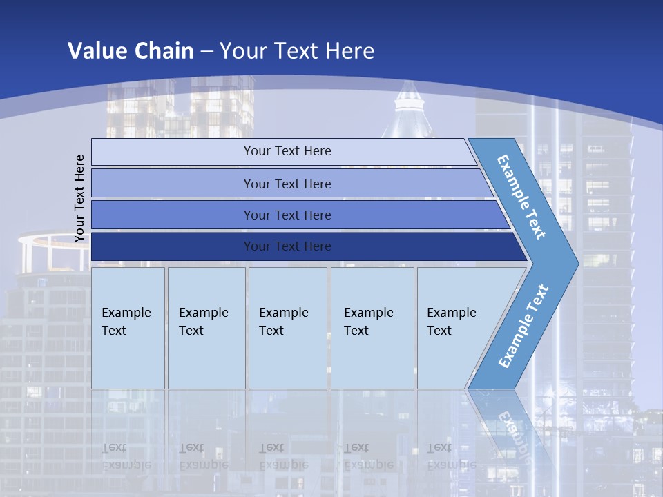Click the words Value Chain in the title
click(131, 50)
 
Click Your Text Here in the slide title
click(297, 50)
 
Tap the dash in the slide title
click(206, 52)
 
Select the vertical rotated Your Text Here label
click(80, 198)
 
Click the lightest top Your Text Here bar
click(287, 151)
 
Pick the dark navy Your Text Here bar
click(287, 246)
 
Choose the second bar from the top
click(287, 184)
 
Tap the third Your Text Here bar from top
click(287, 215)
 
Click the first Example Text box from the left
click(128, 328)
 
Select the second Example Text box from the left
click(206, 328)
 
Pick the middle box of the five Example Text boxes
click(287, 328)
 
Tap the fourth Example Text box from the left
click(372, 328)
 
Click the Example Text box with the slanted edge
click(456, 328)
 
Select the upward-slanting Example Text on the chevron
click(523, 326)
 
